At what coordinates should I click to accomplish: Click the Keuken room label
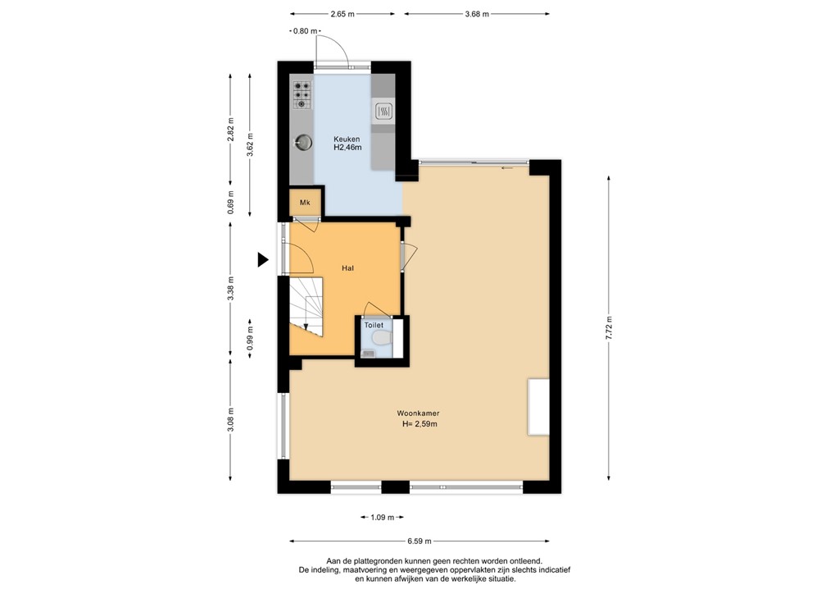pos(346,139)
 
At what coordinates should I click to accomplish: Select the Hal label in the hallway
pos(347,267)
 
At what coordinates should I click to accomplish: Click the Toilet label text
pos(374,325)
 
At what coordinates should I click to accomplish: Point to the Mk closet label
pos(304,203)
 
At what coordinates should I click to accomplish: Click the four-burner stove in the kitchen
pos(302,94)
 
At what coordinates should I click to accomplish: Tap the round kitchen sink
pos(302,143)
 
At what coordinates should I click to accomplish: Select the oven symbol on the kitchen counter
pos(383,111)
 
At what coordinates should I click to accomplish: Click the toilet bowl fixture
pos(379,338)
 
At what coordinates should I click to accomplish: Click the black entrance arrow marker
pos(262,260)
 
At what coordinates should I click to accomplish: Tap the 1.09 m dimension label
pos(382,517)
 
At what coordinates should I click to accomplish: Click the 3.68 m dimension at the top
pos(476,14)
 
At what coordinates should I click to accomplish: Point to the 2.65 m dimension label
pos(342,14)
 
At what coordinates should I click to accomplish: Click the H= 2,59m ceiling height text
pos(419,424)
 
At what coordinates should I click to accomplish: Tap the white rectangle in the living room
pos(537,407)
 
